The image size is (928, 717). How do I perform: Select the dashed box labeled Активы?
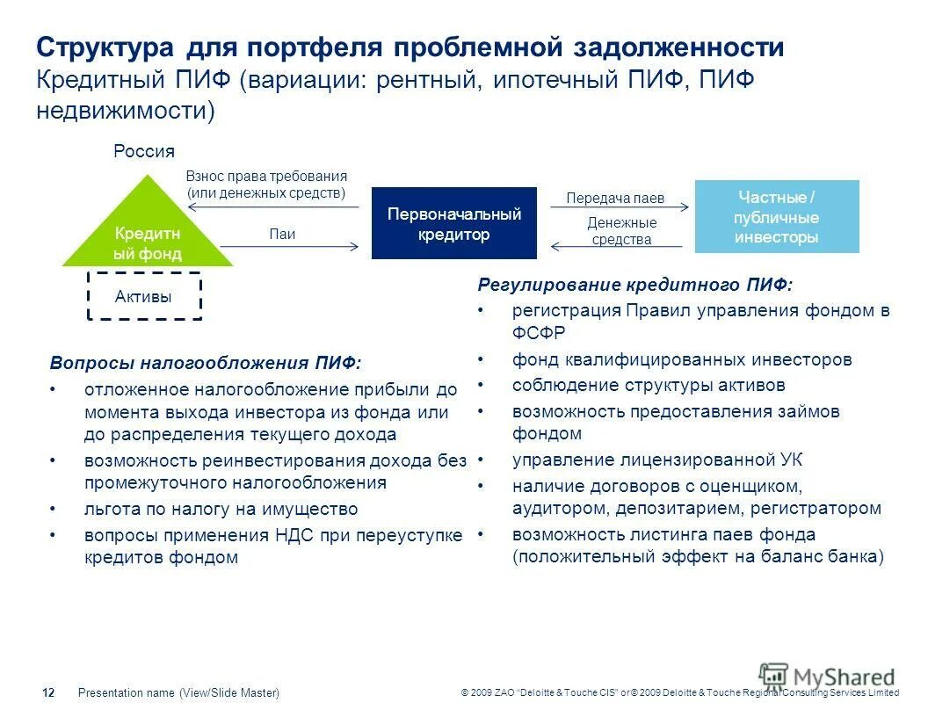(144, 297)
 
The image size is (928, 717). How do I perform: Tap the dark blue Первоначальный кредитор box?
(453, 223)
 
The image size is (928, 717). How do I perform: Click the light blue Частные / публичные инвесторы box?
(777, 217)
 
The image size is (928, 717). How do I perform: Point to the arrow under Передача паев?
(619, 208)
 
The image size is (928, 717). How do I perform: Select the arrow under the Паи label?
(289, 247)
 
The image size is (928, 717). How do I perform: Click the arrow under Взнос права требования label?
(274, 207)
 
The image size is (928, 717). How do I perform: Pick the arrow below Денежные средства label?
(620, 247)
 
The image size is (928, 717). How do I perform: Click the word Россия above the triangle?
(144, 151)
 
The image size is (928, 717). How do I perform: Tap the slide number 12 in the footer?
(48, 693)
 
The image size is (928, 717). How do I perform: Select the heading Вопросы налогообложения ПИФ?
(206, 363)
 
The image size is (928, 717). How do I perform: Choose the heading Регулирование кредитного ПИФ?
(634, 285)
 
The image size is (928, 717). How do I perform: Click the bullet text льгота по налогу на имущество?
(221, 509)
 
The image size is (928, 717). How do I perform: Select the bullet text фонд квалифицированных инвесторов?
(682, 359)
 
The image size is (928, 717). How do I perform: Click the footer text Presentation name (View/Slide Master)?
(178, 693)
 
